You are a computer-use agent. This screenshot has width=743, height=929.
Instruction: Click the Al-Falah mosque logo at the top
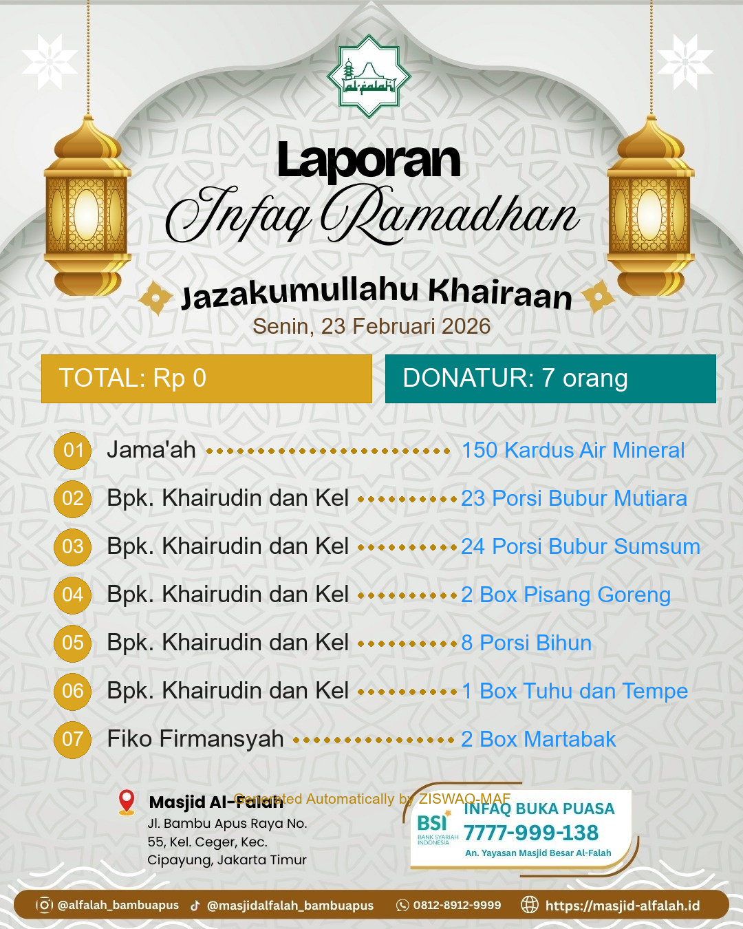[369, 76]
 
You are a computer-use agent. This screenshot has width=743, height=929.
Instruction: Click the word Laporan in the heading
[369, 161]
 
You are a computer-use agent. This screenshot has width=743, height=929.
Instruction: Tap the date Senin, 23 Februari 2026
[371, 326]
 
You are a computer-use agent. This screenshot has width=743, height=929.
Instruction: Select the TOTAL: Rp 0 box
[206, 378]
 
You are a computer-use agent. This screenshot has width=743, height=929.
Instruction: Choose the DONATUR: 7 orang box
[550, 378]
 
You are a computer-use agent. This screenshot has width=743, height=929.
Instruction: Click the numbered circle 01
[73, 451]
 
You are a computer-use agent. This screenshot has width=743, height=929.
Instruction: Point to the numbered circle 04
[73, 595]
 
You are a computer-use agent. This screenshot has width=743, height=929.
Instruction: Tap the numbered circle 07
[73, 739]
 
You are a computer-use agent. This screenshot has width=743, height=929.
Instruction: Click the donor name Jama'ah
[151, 450]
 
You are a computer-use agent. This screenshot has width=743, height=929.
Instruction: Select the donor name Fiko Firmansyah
[195, 739]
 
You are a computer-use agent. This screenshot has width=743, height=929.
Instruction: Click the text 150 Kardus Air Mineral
[573, 450]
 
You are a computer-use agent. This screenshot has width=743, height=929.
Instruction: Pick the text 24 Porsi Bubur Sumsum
[581, 546]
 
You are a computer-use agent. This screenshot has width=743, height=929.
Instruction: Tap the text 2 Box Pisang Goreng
[566, 595]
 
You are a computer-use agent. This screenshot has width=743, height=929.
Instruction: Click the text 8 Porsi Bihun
[526, 643]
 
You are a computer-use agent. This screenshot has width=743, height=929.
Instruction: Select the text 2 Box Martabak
[539, 739]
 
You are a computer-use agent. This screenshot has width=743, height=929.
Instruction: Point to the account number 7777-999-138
[531, 833]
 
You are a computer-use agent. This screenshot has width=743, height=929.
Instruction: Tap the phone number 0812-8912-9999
[457, 905]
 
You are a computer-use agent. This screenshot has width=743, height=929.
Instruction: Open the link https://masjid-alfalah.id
[622, 906]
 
